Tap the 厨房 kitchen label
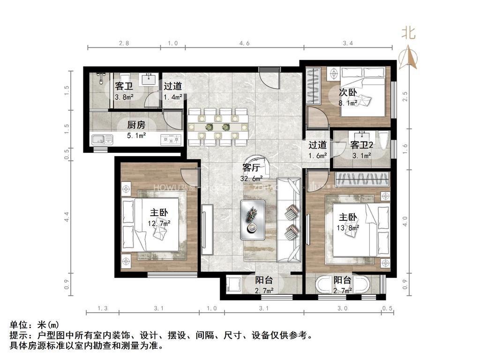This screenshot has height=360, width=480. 136,130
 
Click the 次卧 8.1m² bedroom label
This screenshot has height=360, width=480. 348,97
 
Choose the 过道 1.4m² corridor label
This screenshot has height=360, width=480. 172,91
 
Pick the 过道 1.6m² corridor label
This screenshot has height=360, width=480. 317,150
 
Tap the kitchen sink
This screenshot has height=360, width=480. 102,139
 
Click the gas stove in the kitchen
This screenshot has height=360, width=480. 171,139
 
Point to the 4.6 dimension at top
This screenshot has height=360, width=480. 244,43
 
